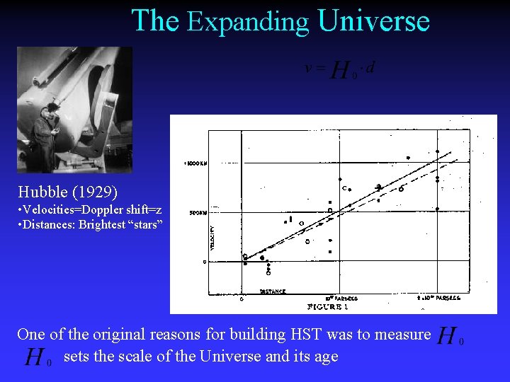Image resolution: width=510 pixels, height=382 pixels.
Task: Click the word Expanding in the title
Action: tap(248, 23)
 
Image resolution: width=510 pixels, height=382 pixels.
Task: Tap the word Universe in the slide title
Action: tap(373, 21)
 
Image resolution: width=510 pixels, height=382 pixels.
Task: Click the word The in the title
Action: tap(155, 21)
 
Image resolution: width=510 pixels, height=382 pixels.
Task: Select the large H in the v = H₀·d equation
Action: tap(340, 70)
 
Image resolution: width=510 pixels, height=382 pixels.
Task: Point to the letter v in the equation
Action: tap(307, 68)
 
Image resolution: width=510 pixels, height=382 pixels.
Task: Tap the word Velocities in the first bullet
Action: tap(52, 210)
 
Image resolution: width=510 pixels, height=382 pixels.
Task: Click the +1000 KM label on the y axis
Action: tap(195, 163)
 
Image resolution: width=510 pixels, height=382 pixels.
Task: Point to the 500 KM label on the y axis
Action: tap(197, 212)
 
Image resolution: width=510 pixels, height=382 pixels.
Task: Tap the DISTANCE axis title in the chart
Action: tap(273, 291)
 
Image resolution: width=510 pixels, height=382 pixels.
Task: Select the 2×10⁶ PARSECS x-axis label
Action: tap(439, 298)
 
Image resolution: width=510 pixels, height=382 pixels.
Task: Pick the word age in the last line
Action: tap(324, 357)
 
